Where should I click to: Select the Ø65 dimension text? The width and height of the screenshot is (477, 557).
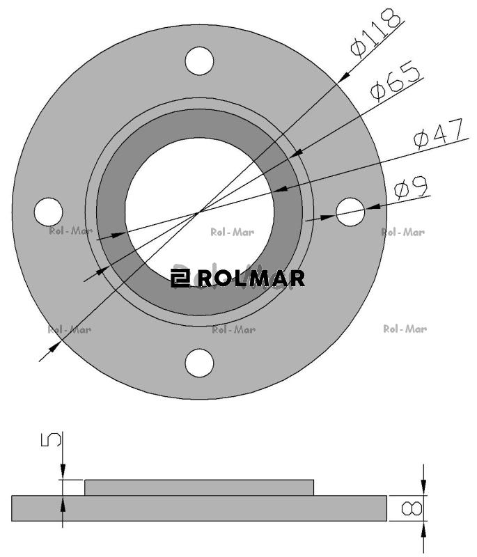pos(395,81)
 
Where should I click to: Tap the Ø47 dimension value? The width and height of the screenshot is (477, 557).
pos(439,133)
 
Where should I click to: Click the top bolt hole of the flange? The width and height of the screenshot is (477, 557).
pos(199,61)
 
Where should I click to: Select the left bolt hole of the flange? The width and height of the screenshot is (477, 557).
pos(48,212)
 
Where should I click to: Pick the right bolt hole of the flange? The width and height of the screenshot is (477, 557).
pos(350,212)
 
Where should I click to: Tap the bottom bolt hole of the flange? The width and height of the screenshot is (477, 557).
pos(199,363)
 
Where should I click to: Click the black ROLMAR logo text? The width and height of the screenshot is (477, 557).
pos(251,278)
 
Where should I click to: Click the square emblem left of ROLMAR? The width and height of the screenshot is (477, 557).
pos(180,278)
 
